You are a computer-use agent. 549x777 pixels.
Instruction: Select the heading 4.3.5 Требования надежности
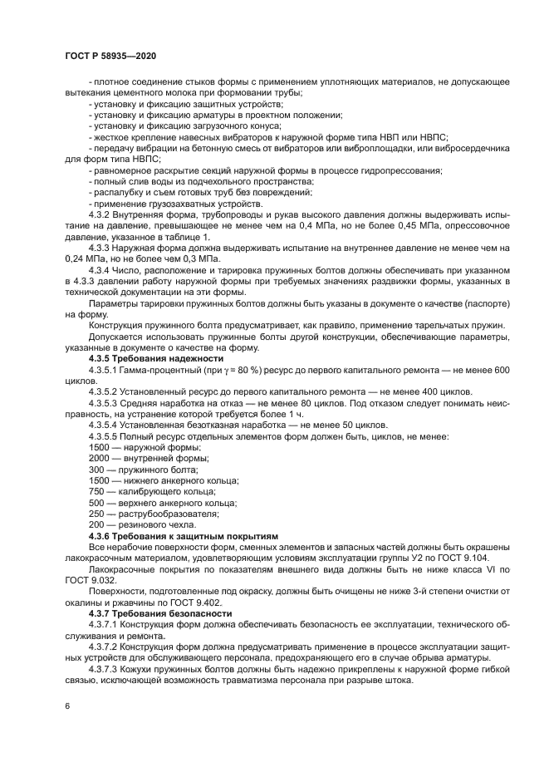[145, 358]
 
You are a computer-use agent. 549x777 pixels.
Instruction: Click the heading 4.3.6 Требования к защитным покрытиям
[183, 537]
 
